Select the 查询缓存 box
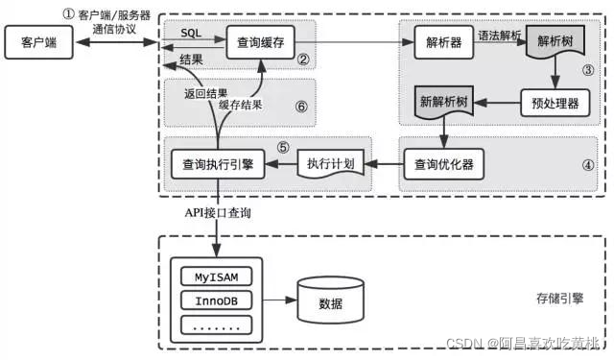click(x=259, y=42)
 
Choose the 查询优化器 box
click(x=442, y=163)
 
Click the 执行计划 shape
click(x=329, y=163)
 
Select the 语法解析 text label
click(x=500, y=35)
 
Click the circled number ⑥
click(x=300, y=108)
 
